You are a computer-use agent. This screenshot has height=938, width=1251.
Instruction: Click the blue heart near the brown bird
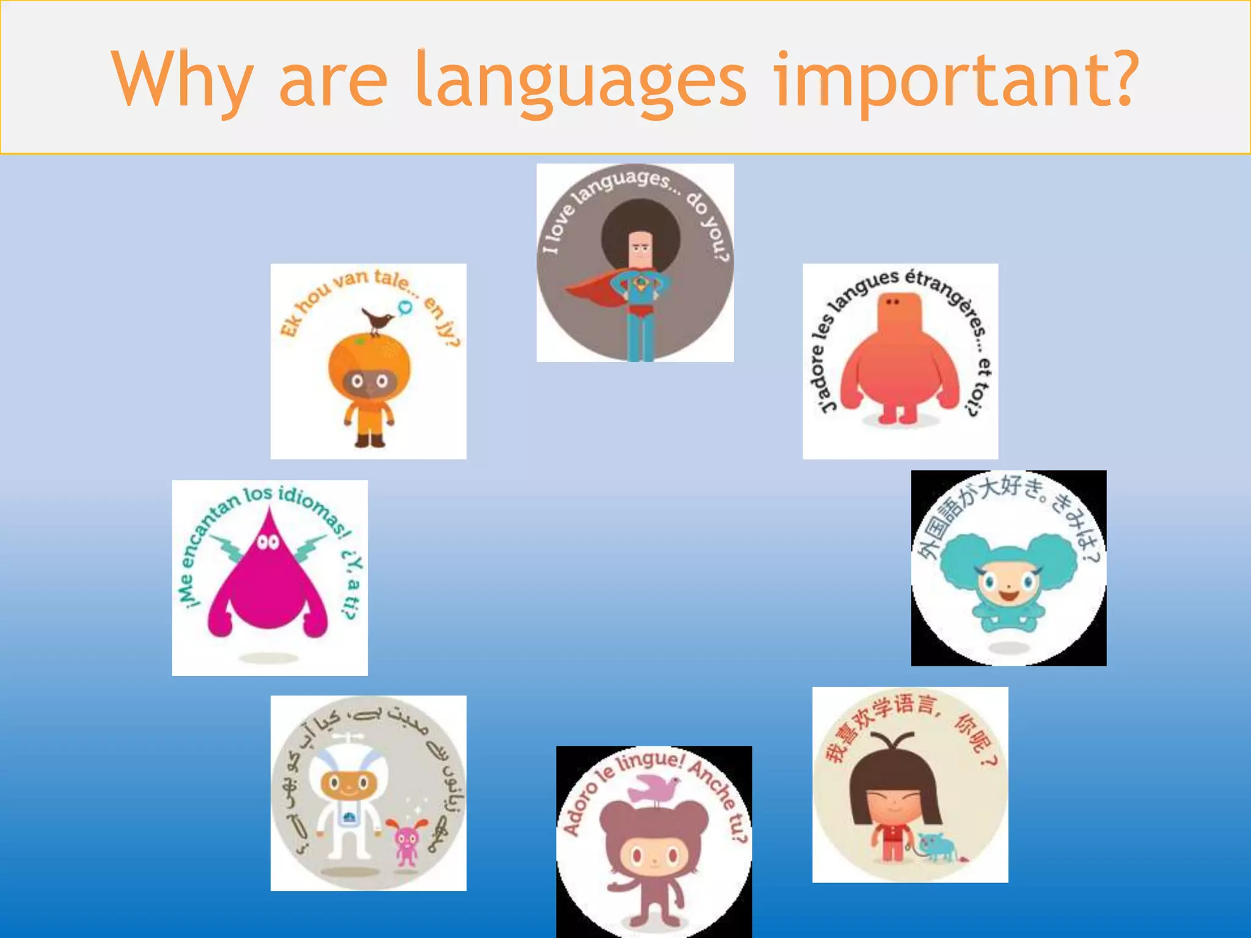pyautogui.click(x=404, y=307)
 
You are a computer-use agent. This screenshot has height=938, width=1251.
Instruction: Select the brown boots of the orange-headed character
pyautogui.click(x=370, y=440)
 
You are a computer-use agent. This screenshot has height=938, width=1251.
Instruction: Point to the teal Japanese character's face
pyautogui.click(x=1008, y=586)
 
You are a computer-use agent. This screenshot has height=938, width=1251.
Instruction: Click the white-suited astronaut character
pyautogui.click(x=347, y=800)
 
